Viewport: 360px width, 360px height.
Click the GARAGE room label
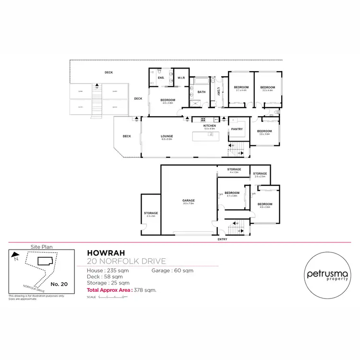(188, 201)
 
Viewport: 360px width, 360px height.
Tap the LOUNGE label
(167, 136)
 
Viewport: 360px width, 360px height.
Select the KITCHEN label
(210, 126)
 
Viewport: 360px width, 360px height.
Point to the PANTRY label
(236, 129)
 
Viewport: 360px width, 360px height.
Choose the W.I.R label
(181, 78)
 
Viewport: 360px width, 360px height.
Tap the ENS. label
(161, 78)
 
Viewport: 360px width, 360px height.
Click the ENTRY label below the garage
(223, 239)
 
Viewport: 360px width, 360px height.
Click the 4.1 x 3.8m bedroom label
(232, 194)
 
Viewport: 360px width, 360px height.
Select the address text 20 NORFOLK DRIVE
(127, 261)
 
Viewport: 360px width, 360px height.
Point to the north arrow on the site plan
(16, 256)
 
